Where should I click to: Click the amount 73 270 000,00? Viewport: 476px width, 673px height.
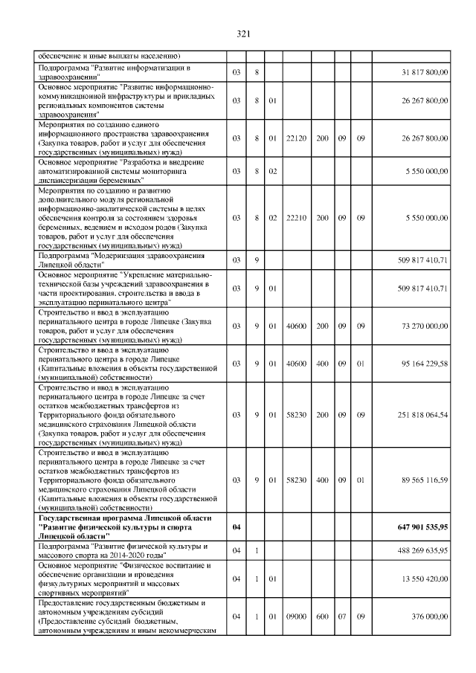click(x=421, y=326)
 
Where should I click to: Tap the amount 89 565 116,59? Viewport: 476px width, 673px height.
click(x=422, y=480)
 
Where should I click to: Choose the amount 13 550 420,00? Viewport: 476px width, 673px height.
click(x=422, y=579)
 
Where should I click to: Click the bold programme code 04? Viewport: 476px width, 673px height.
click(x=236, y=527)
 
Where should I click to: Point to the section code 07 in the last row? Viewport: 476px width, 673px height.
click(x=342, y=616)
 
